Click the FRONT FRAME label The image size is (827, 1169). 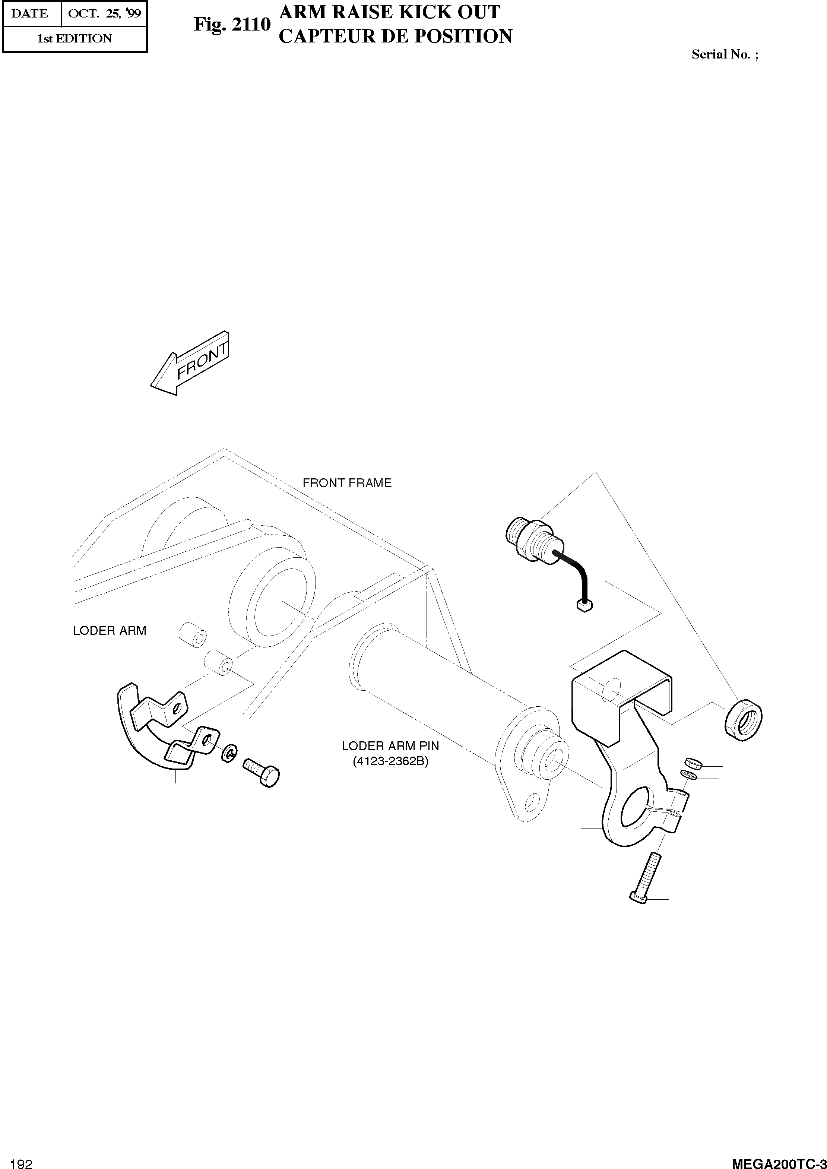coord(347,483)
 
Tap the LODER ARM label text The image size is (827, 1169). coord(110,631)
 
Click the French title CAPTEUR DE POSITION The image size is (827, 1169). coord(395,36)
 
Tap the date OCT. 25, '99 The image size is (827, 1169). coord(104,14)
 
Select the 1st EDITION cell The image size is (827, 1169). coord(75,39)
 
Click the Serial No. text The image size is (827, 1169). coord(724,54)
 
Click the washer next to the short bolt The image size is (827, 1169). coord(229,753)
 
